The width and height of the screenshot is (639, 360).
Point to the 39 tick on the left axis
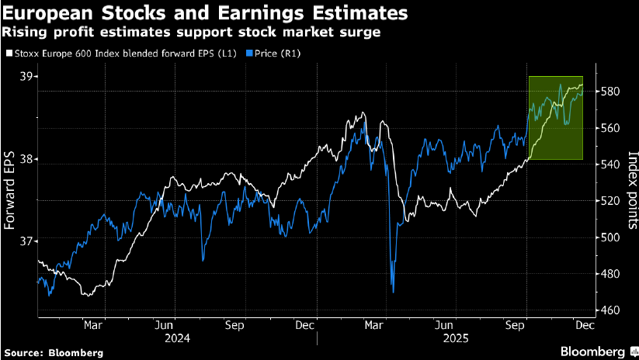28,77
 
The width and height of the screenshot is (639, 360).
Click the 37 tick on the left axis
28,241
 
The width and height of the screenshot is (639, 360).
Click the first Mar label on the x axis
93,327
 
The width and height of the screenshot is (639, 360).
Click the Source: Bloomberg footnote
53,352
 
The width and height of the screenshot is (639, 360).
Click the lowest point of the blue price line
393,292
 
